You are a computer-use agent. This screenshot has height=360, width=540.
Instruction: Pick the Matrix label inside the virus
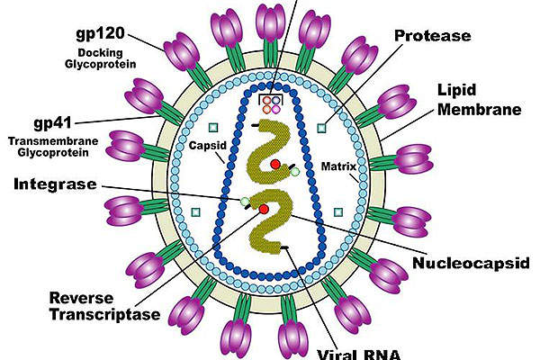(x=337, y=166)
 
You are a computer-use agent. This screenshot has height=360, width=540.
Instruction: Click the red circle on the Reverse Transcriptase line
(x=263, y=210)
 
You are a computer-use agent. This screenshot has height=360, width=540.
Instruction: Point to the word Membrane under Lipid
(x=491, y=111)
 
